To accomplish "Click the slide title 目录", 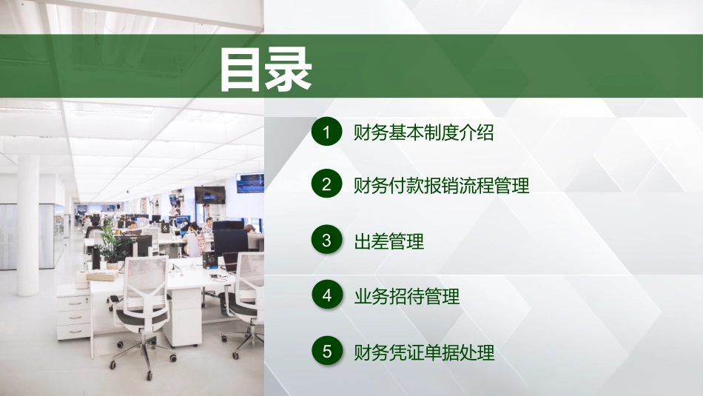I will [265, 70].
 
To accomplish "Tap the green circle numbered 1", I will [326, 132].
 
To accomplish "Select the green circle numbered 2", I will [326, 185].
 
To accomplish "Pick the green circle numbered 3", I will [326, 241].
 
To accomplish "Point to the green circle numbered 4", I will [326, 296].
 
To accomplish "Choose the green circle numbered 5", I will [326, 352].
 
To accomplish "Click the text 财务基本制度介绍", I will [423, 133].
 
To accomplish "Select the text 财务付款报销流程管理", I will [442, 186].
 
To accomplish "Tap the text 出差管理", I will [389, 241].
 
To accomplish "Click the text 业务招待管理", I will [407, 297].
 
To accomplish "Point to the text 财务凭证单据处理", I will [424, 352].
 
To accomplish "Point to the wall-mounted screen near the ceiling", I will [250, 182].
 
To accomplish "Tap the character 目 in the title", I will [241, 70].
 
